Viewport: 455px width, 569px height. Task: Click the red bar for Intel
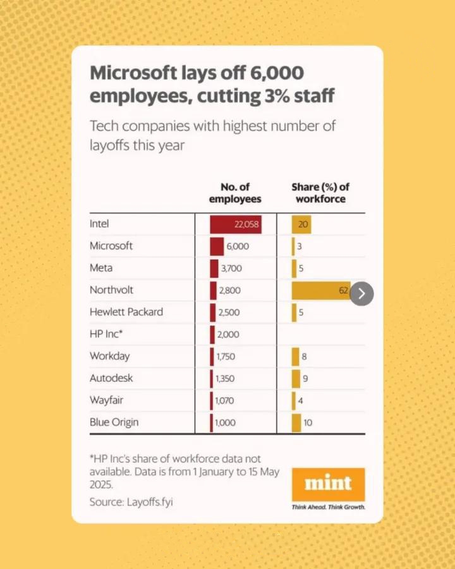(234, 224)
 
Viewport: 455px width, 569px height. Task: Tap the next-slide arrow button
(361, 293)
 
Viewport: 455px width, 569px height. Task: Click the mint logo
(328, 484)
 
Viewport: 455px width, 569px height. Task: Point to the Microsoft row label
(111, 246)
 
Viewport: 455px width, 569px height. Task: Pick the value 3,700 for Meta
(231, 268)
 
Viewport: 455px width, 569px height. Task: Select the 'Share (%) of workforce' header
(320, 193)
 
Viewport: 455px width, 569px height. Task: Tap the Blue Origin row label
(114, 422)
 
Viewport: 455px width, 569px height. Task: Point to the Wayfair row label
(106, 400)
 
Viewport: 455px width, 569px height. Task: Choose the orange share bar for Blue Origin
(296, 422)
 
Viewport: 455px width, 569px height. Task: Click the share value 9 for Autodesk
(305, 379)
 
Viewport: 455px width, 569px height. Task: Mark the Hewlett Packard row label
(126, 312)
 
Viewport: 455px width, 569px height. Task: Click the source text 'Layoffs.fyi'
(149, 502)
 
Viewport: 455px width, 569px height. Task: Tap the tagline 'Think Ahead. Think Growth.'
(328, 507)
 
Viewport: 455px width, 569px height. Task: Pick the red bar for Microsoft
(217, 246)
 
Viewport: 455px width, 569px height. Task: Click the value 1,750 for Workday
(225, 357)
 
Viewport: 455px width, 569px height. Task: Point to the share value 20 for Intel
(303, 224)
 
